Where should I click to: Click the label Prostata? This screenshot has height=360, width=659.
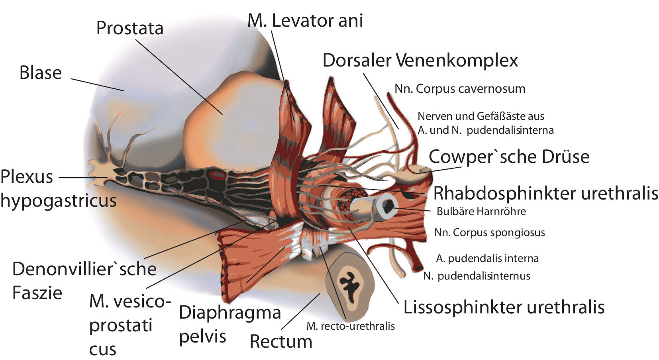click(130, 28)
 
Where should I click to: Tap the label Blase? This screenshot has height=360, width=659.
click(41, 73)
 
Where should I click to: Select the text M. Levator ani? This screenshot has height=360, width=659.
click(305, 21)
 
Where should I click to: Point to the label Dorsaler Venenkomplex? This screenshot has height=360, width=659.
click(420, 61)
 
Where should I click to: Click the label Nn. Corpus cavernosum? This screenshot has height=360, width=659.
click(460, 89)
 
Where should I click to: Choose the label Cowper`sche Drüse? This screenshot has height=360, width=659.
click(509, 157)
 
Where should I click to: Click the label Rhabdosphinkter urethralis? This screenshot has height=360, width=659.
click(545, 193)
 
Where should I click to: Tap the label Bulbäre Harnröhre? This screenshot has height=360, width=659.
click(481, 211)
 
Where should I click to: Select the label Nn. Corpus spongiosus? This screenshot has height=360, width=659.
click(489, 233)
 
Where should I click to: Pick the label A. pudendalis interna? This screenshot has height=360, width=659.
click(487, 258)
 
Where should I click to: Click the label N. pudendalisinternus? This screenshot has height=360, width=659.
click(477, 276)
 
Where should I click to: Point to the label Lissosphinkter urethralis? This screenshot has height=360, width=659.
click(504, 307)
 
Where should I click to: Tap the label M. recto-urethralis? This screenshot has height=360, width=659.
click(351, 326)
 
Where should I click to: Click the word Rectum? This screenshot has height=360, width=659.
click(281, 342)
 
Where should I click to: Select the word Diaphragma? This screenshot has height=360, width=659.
click(230, 313)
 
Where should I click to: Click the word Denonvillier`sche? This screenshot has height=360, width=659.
click(84, 269)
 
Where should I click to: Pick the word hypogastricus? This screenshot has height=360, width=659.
click(59, 200)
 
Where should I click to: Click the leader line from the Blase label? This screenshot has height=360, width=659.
click(97, 84)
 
